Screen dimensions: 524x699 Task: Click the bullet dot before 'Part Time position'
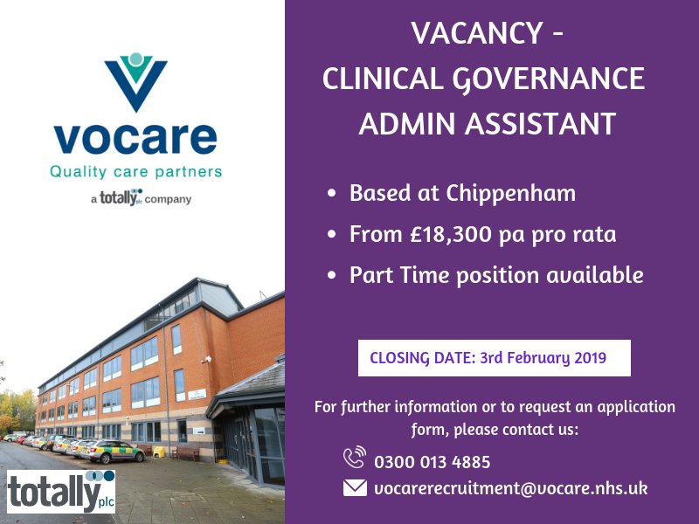[331, 276]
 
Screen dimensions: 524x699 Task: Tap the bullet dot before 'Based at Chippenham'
[331, 194]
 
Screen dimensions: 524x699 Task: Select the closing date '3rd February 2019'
[543, 357]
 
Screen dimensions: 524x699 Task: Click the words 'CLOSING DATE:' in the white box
[422, 357]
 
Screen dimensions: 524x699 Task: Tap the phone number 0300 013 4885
[432, 462]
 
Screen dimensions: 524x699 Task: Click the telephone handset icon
[355, 458]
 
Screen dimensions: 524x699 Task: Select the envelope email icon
[355, 488]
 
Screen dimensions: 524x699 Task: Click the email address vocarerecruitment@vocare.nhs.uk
[510, 488]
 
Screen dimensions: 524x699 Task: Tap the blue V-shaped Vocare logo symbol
[135, 83]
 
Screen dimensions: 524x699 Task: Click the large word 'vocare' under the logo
[135, 138]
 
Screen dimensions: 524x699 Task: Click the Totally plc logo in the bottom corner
[61, 491]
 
